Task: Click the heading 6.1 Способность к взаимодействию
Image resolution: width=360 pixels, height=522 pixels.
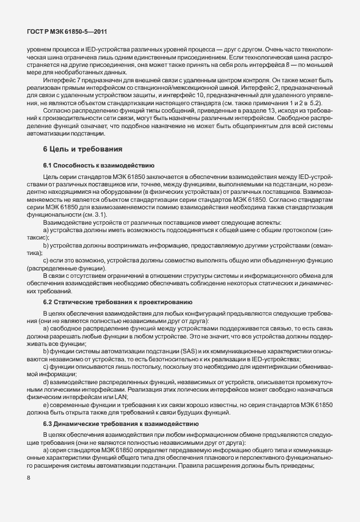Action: click(95, 165)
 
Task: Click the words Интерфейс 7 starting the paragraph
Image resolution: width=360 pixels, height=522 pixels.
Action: click(62, 80)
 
